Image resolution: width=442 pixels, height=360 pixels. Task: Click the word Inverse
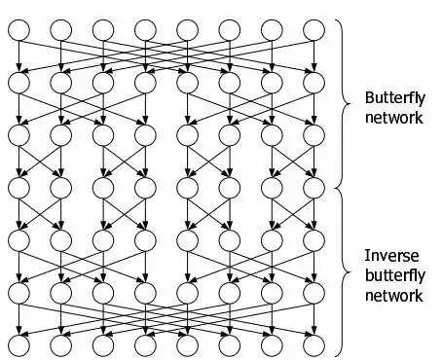[x=391, y=256]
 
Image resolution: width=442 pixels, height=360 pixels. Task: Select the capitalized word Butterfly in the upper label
[x=394, y=98]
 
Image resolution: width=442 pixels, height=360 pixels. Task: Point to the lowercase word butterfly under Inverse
[x=393, y=275]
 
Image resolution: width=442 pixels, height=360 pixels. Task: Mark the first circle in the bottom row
[x=19, y=343]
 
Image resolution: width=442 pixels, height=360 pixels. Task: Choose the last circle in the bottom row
[x=313, y=343]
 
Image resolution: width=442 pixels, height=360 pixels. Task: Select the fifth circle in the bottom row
[x=187, y=343]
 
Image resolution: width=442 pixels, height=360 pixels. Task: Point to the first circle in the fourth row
[x=19, y=187]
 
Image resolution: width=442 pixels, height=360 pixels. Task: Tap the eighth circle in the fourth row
[x=313, y=187]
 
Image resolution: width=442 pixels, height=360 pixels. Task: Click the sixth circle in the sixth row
[x=230, y=291]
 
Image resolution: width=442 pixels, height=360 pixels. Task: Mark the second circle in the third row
[x=61, y=134]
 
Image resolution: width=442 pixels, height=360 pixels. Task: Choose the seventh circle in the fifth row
[x=272, y=238]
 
